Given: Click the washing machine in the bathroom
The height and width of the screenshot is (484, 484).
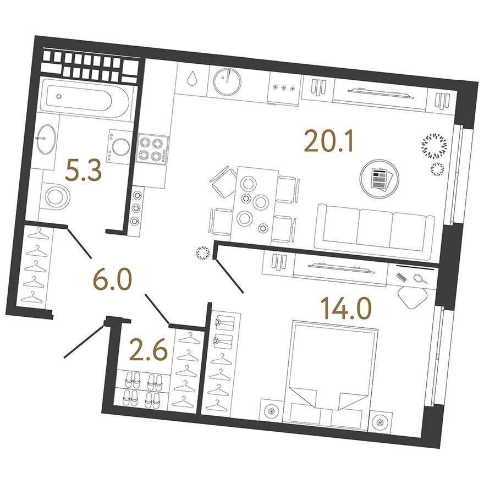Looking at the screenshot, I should coord(120,146).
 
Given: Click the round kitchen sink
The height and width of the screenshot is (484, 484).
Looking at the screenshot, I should coord(227,81).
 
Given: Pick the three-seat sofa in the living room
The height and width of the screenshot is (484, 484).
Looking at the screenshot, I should coord(374,226).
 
